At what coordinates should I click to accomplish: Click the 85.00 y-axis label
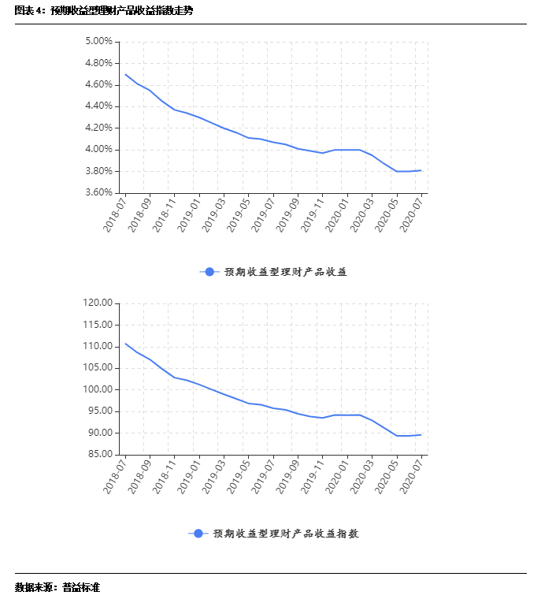pyautogui.click(x=100, y=454)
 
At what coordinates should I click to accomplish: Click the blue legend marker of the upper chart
pyautogui.click(x=209, y=272)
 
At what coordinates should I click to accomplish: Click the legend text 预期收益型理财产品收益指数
pyautogui.click(x=286, y=534)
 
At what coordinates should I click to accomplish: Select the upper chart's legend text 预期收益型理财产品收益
pyautogui.click(x=286, y=272)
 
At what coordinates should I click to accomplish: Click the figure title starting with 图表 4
pyautogui.click(x=103, y=10)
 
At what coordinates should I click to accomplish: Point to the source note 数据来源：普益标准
pyautogui.click(x=57, y=587)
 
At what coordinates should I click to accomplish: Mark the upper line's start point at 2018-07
pyautogui.click(x=125, y=74)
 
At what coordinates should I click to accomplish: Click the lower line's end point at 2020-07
pyautogui.click(x=422, y=434)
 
